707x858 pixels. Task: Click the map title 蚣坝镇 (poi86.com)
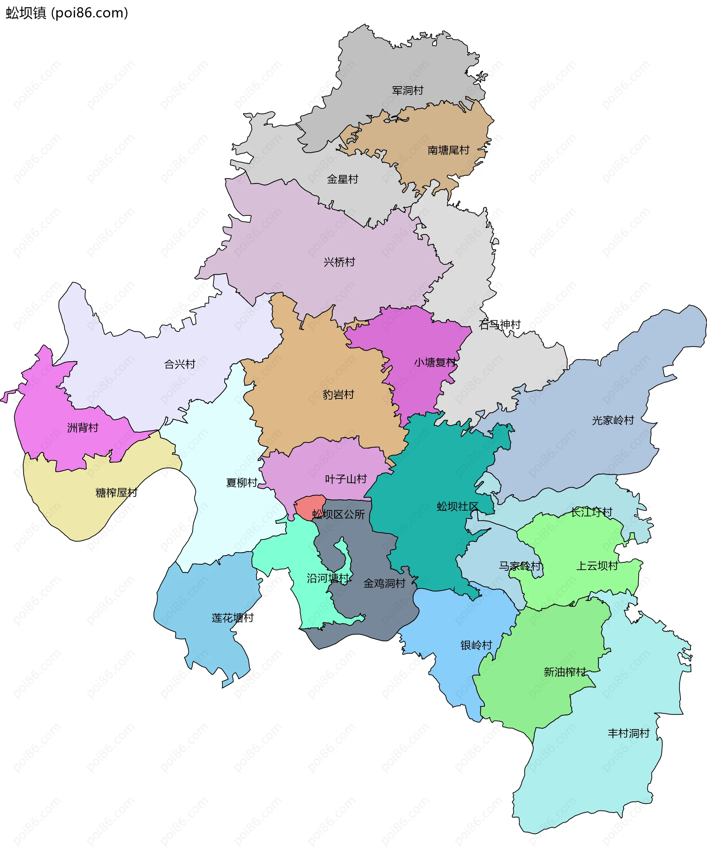(x=67, y=13)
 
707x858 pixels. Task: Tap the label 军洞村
(x=408, y=90)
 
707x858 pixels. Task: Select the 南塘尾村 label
(x=449, y=150)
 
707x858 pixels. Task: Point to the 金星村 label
(x=342, y=179)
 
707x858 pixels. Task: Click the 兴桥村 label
(x=339, y=262)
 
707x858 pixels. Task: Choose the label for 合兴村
(x=180, y=364)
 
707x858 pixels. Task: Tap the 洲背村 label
(x=83, y=428)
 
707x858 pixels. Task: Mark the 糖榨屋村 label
(x=116, y=493)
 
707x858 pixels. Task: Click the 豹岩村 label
(x=338, y=395)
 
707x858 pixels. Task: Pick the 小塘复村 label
(x=435, y=362)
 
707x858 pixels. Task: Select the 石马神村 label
(x=500, y=324)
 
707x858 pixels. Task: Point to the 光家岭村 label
(x=613, y=420)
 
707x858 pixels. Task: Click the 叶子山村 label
(x=346, y=479)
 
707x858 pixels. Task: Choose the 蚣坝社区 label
(x=458, y=507)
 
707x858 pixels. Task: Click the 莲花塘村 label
(x=233, y=618)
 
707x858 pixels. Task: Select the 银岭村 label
(x=476, y=646)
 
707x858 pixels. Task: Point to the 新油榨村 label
(x=565, y=672)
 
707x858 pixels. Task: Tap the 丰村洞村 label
(x=629, y=734)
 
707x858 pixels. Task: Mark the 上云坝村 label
(x=597, y=566)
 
